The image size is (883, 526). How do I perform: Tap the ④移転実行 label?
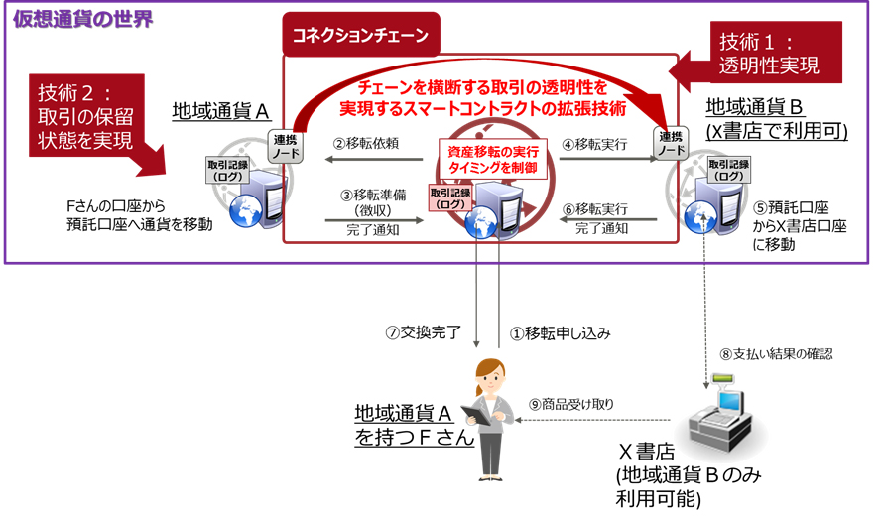pos(594,144)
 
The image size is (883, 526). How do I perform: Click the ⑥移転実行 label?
pos(594,209)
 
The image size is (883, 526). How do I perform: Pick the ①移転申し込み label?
pos(561,332)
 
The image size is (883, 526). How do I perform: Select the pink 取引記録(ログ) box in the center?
pos(449,197)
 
